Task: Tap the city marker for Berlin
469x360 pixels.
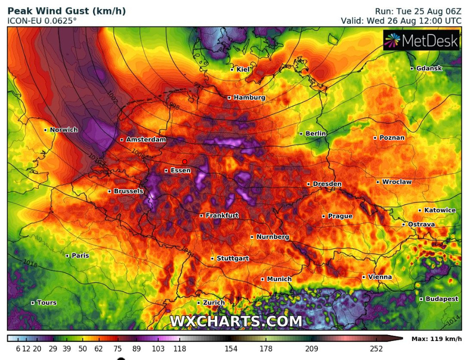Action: [301, 134]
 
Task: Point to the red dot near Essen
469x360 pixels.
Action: [185, 161]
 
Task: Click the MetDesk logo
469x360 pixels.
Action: [421, 40]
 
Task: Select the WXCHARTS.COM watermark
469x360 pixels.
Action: [236, 321]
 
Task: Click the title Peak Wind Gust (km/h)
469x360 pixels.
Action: [67, 11]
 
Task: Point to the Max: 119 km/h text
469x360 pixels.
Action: [436, 339]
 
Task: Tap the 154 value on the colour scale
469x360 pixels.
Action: [230, 349]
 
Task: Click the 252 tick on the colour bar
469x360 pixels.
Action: [376, 349]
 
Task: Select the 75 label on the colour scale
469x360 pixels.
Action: [118, 349]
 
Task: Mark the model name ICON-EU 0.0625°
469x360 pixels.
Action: [42, 21]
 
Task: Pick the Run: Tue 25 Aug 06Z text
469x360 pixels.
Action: [417, 11]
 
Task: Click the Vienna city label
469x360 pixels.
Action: [380, 277]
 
